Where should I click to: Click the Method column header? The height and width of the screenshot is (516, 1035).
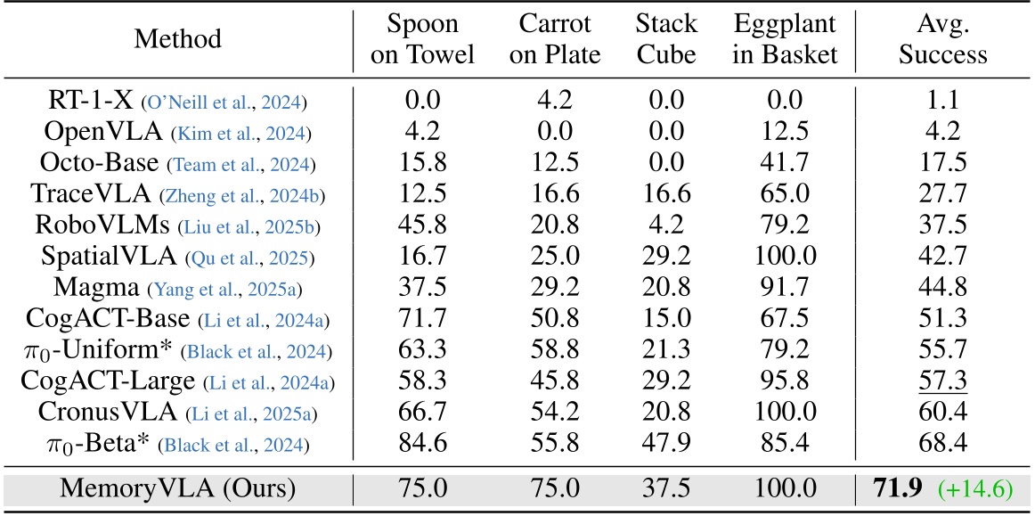click(x=177, y=39)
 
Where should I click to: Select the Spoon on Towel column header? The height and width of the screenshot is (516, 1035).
click(x=422, y=39)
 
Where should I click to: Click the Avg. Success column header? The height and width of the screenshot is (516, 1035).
click(x=942, y=39)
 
